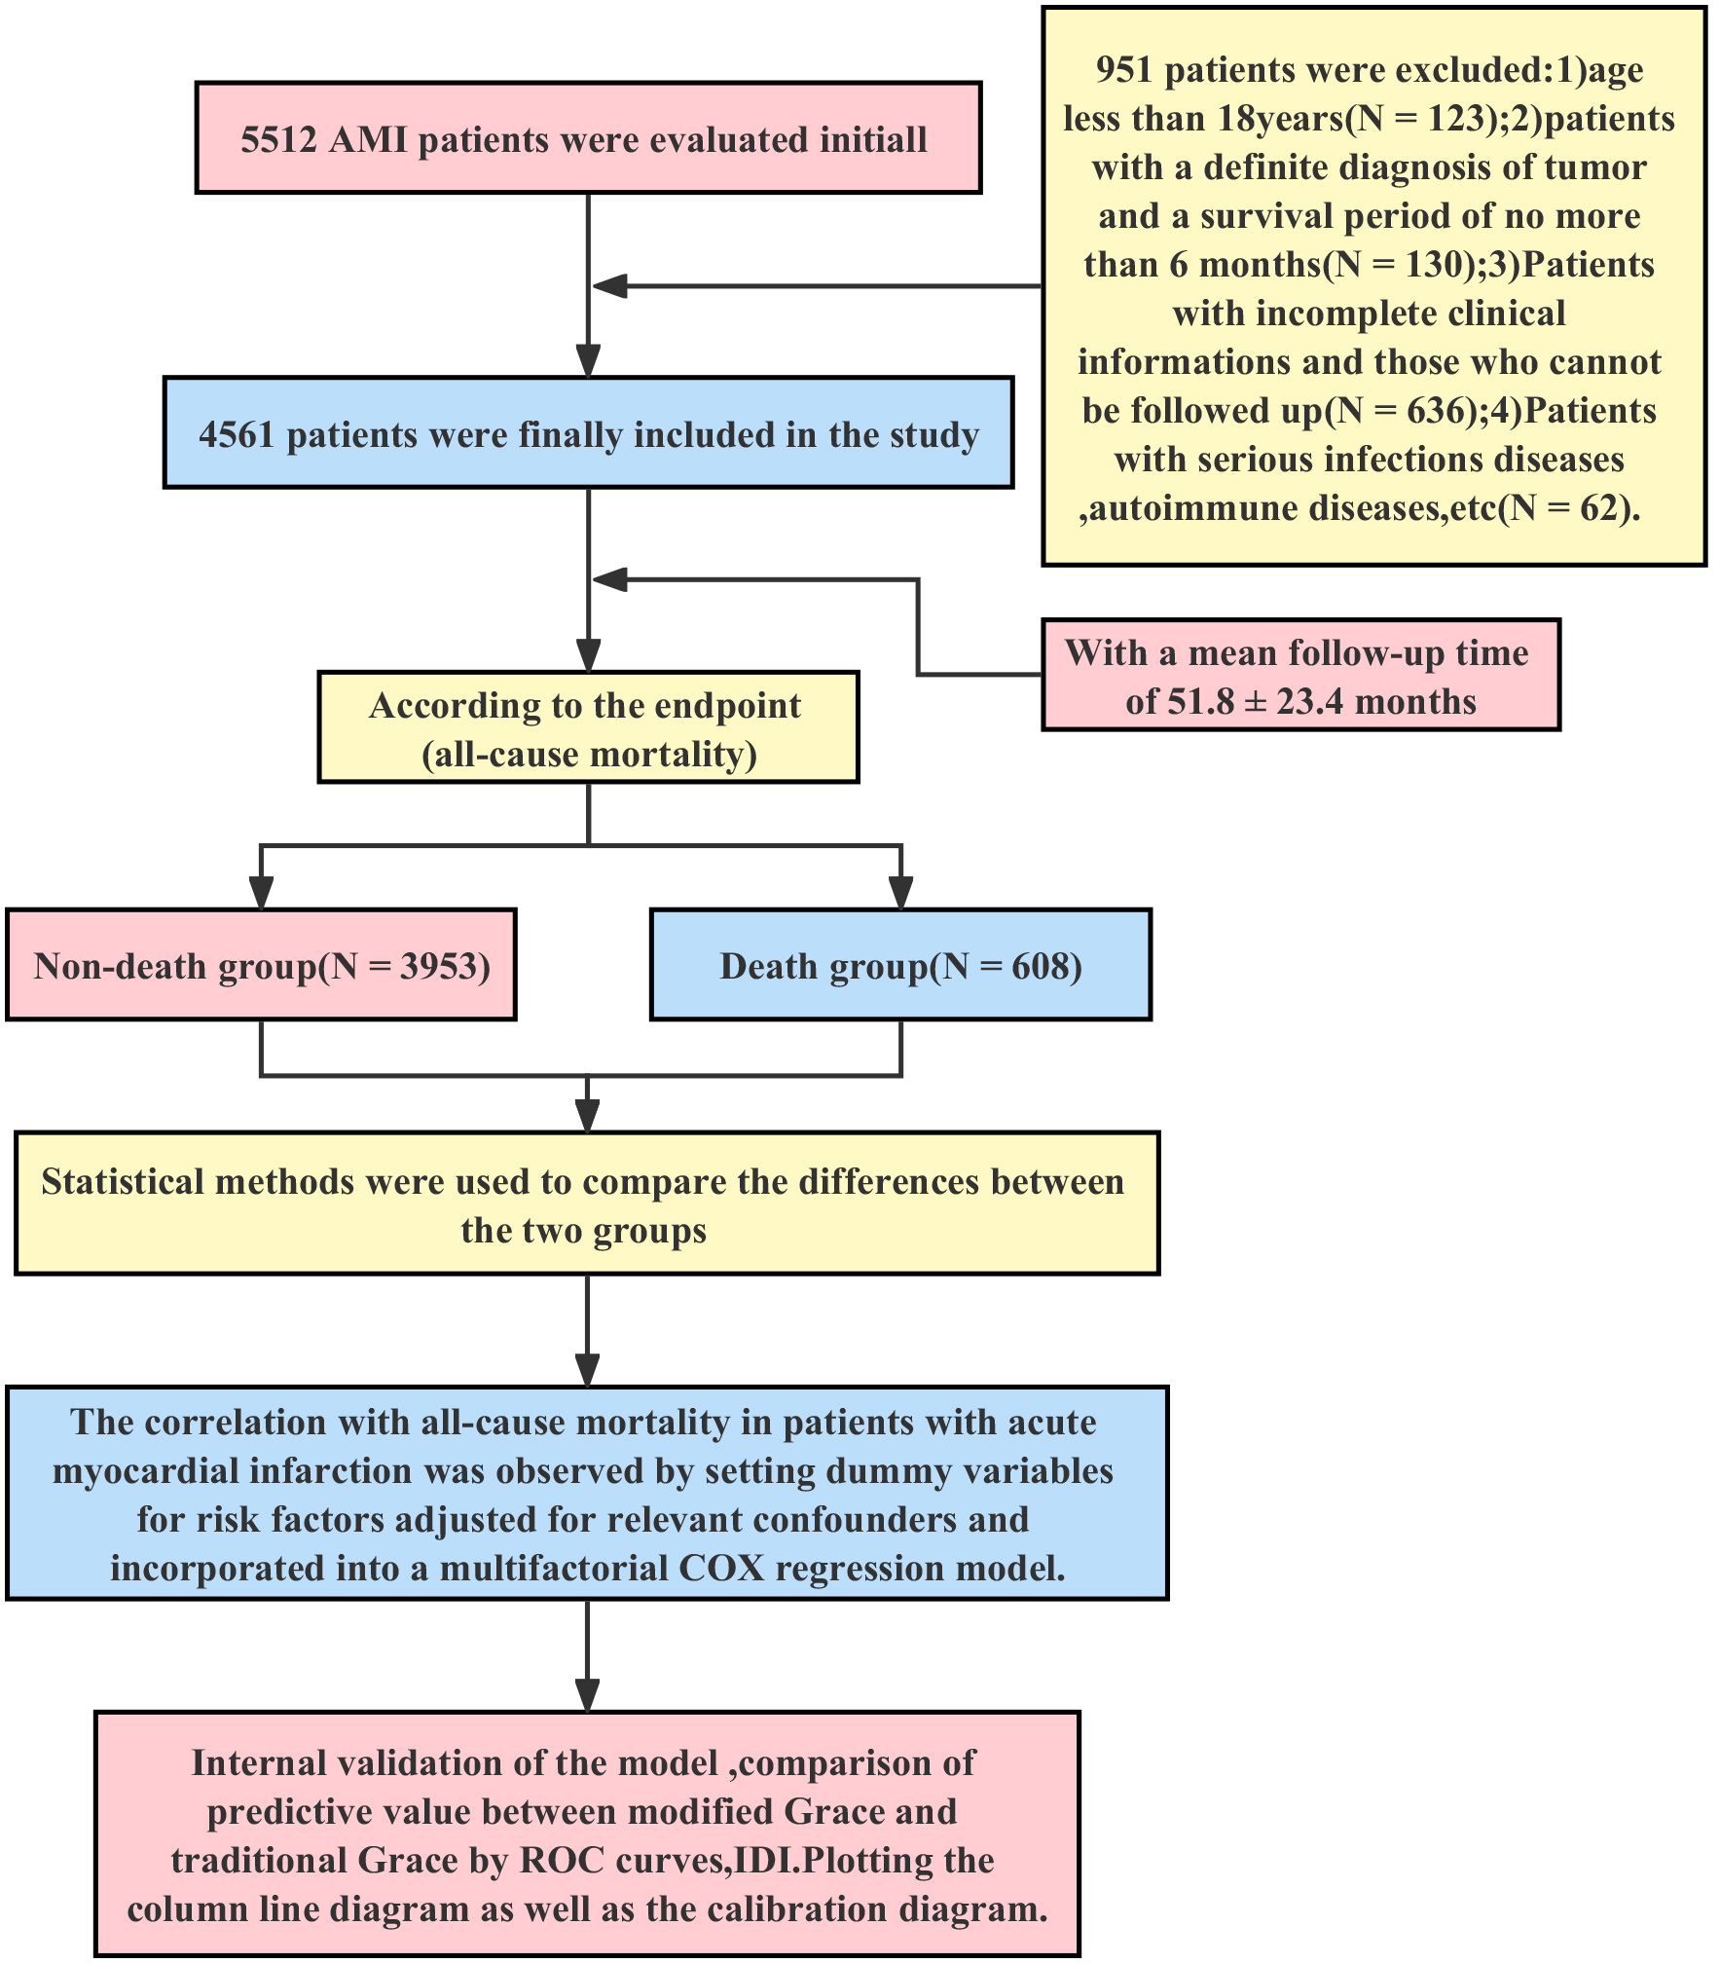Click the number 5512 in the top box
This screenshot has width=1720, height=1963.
[x=278, y=140]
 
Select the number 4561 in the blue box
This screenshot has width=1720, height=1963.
[x=237, y=435]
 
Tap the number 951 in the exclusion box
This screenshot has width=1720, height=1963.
[x=1124, y=71]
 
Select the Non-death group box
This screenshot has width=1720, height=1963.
[x=261, y=965]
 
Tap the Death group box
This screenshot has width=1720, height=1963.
[x=900, y=965]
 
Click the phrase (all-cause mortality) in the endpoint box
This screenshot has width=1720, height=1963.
[x=589, y=755]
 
